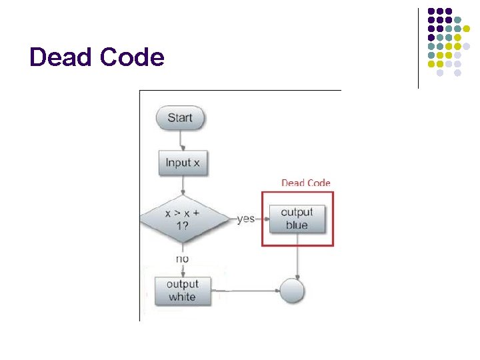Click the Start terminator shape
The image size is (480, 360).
coord(180,118)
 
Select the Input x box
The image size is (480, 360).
coord(183,163)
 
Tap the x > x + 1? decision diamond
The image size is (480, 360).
coord(183,219)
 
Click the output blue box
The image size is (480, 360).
coord(297,219)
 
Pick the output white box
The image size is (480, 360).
coord(182,291)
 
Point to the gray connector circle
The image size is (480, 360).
coord(292,291)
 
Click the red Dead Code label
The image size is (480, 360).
coord(305,183)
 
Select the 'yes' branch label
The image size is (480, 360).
coord(246,219)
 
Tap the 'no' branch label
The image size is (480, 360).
coord(182,259)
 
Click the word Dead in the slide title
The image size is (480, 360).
coord(61,57)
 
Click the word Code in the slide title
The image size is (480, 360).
coord(131,57)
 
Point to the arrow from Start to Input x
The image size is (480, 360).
coord(181,140)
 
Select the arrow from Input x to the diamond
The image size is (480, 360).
coord(182,187)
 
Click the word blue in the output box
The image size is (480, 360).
coord(297,225)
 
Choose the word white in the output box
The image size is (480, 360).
coord(182,297)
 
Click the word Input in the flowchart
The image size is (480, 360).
coord(177,163)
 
